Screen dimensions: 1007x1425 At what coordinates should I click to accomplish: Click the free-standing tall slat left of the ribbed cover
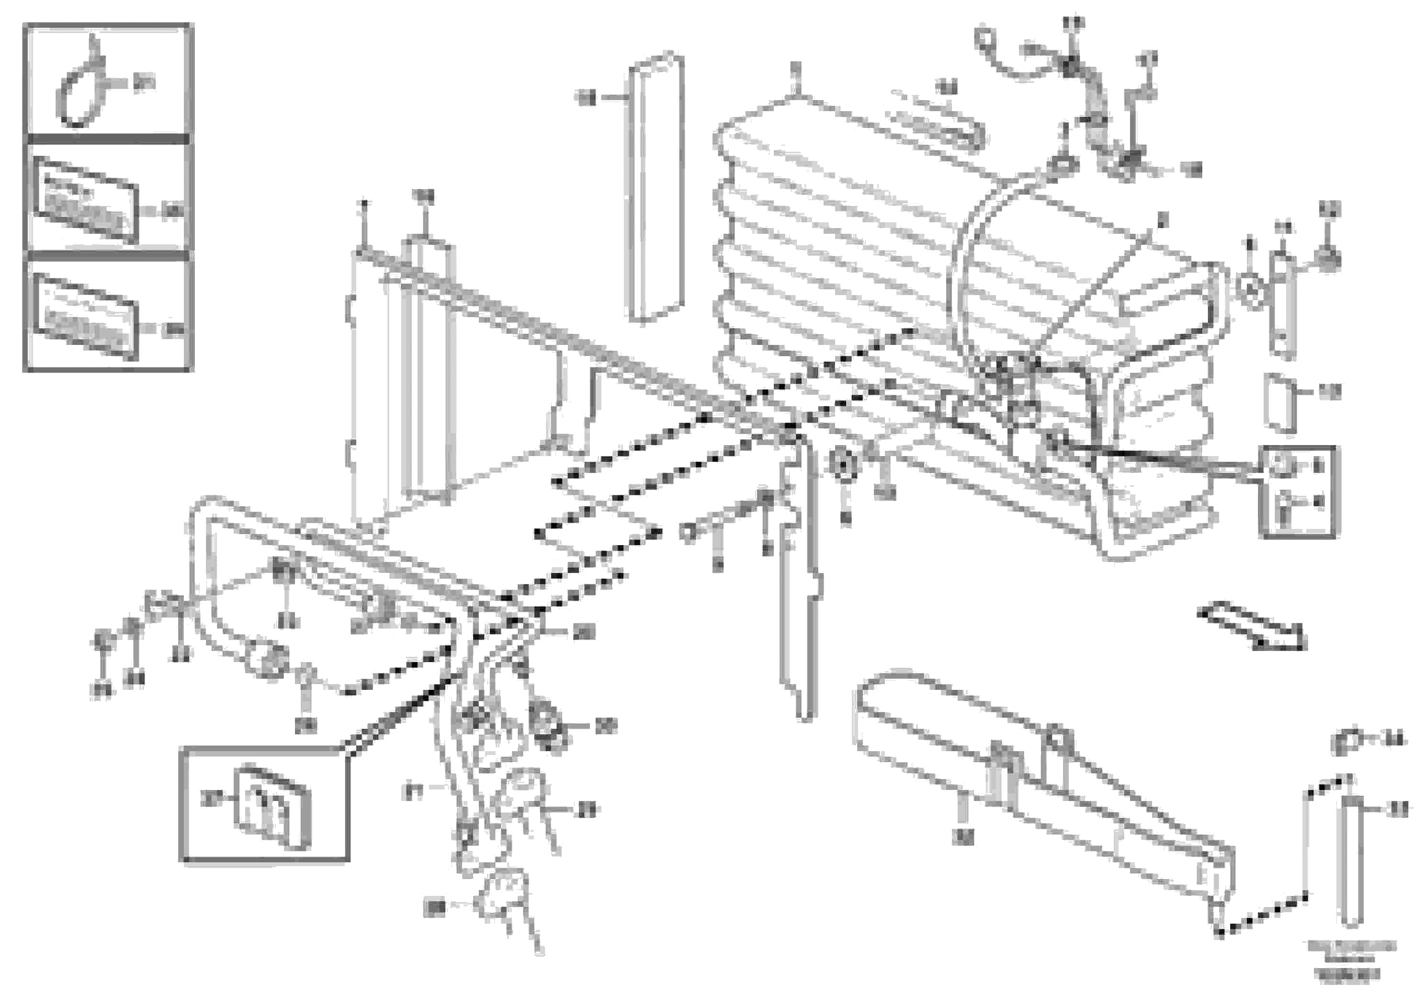pyautogui.click(x=656, y=189)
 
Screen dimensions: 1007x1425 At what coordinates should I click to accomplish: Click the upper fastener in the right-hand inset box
pyautogui.click(x=1283, y=466)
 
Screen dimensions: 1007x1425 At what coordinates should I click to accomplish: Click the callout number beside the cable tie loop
pyautogui.click(x=144, y=82)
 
